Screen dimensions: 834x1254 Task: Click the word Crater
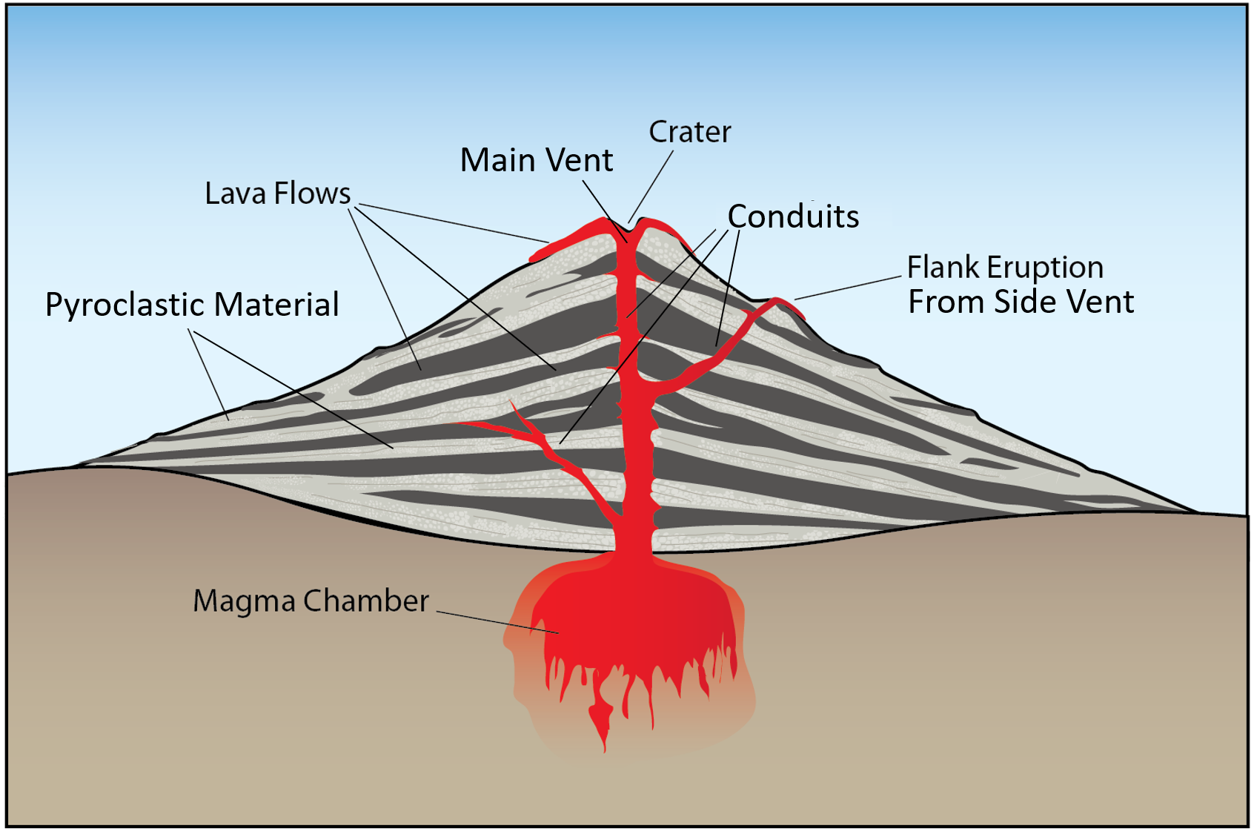[689, 132]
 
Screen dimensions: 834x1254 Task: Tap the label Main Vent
[536, 160]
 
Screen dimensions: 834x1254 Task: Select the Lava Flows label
[277, 193]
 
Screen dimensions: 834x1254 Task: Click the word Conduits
[793, 216]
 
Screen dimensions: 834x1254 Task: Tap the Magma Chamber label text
[311, 600]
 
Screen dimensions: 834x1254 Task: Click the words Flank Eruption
[1005, 268]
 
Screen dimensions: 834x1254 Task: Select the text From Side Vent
[1021, 302]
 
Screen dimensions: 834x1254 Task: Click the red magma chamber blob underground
[630, 615]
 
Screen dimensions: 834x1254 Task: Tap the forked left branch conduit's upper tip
[513, 405]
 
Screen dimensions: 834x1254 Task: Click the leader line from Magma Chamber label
[497, 623]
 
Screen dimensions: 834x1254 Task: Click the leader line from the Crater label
[652, 185]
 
